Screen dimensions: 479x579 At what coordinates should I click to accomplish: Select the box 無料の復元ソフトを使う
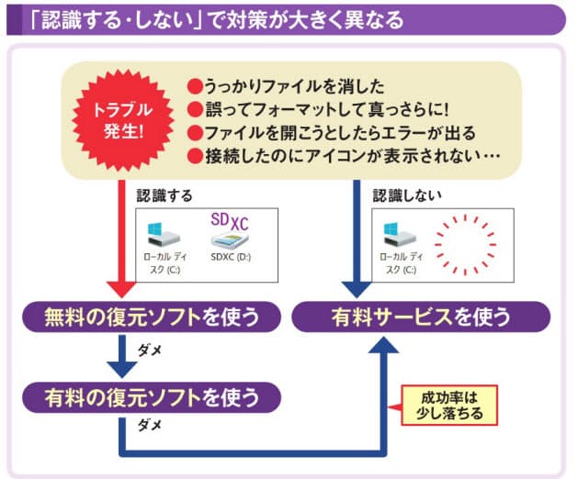pos(152,317)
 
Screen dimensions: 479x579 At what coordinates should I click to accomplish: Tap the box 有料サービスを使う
pos(421,317)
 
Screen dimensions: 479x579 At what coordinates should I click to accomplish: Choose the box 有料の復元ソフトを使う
pos(152,396)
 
